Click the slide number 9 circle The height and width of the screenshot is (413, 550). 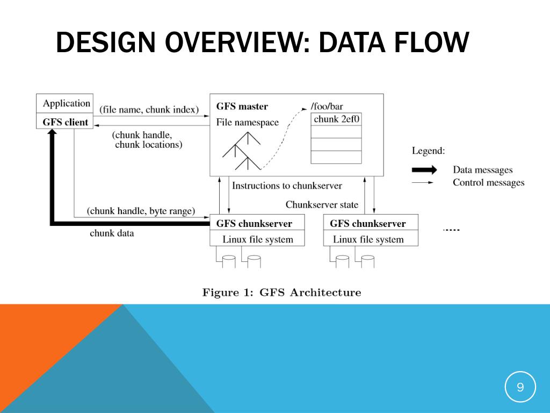[520, 387]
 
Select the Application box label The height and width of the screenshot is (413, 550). [67, 103]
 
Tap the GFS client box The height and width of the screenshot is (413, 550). [65, 122]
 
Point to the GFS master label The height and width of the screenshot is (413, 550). [242, 106]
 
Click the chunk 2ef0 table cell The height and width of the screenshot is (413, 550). [336, 119]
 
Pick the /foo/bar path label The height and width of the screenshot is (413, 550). [327, 106]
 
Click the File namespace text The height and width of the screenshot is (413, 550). [248, 123]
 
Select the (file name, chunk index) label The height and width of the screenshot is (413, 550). [149, 110]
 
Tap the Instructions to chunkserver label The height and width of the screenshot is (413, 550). [287, 186]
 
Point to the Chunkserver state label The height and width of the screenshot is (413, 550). [322, 205]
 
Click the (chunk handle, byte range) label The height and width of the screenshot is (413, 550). [141, 211]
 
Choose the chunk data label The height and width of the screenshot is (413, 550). [112, 233]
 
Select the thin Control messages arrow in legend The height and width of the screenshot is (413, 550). [424, 183]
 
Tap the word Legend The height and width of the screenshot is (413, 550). [428, 151]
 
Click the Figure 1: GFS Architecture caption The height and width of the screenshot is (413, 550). [281, 293]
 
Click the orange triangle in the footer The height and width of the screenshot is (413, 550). [43, 344]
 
